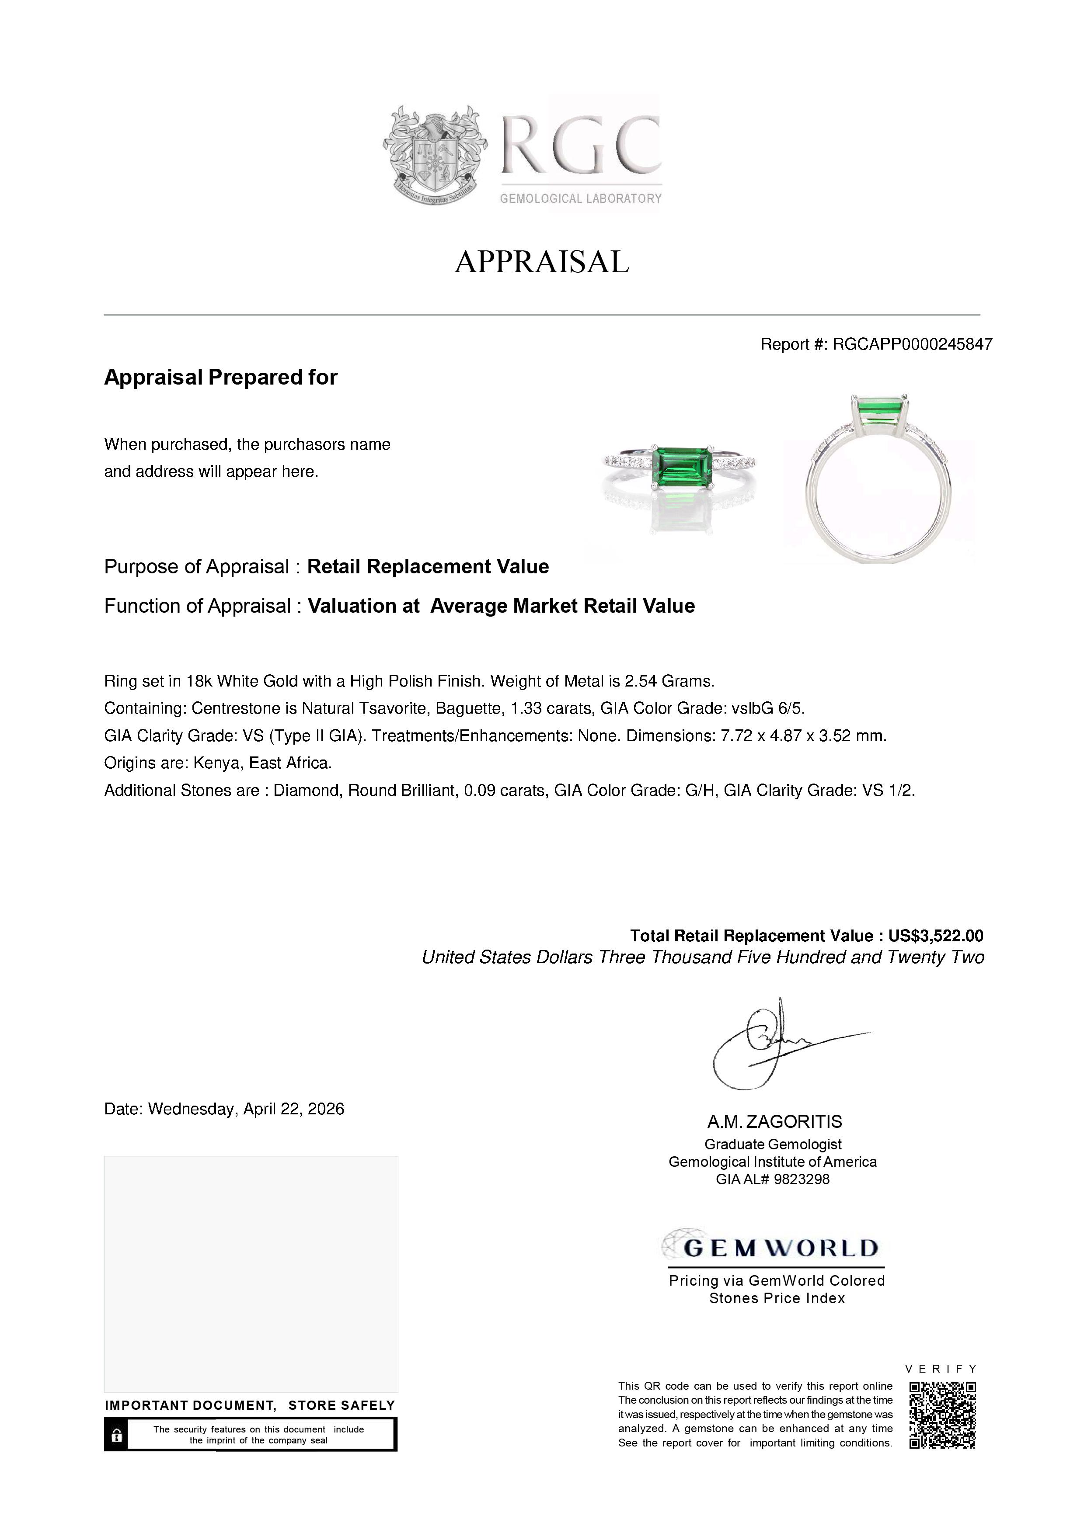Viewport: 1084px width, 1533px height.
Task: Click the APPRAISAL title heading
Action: pyautogui.click(x=542, y=262)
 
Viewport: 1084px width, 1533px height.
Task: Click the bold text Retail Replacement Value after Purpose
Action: pyautogui.click(x=428, y=567)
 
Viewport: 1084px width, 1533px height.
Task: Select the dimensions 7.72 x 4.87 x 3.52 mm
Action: pyautogui.click(x=803, y=736)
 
